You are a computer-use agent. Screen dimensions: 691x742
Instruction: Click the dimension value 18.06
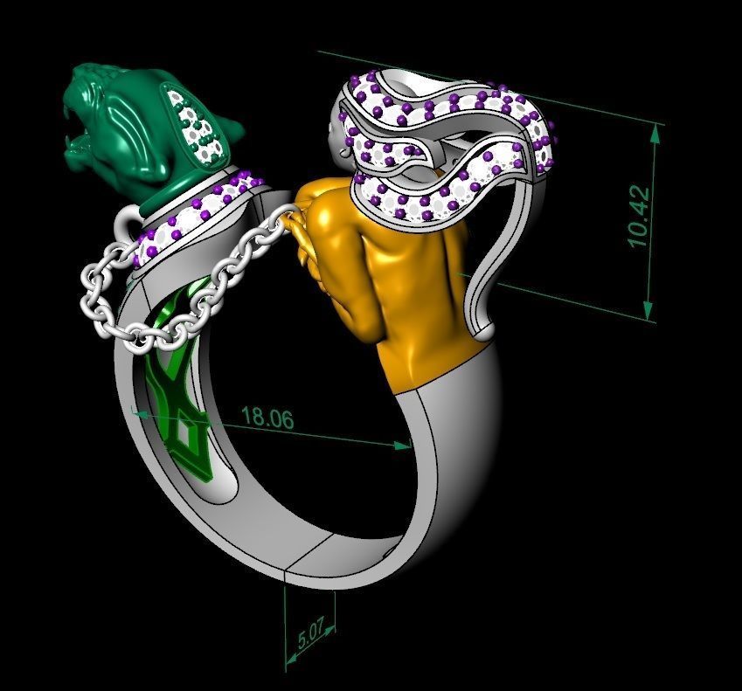coord(267,418)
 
